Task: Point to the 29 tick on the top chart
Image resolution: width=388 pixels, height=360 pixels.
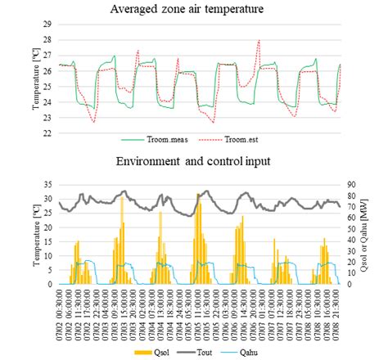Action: tap(47, 25)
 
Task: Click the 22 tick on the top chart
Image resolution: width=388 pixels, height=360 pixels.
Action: tap(47, 133)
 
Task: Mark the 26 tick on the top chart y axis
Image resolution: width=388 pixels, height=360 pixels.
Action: tap(47, 71)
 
